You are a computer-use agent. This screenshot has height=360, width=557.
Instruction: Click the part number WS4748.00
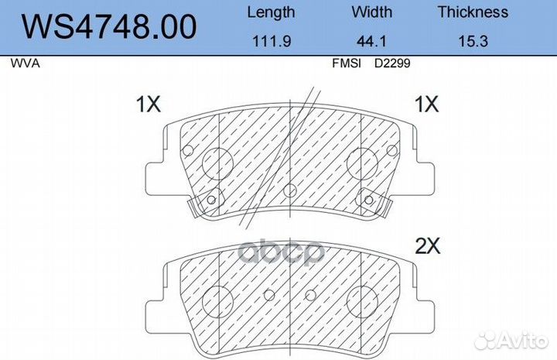[x=109, y=26]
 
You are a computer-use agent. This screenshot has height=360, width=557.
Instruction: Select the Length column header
[x=271, y=13]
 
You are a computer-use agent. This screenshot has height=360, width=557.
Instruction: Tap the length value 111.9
[x=272, y=41]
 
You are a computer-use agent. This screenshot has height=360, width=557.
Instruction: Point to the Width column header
[x=372, y=12]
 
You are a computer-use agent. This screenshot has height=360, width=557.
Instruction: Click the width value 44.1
[x=371, y=41]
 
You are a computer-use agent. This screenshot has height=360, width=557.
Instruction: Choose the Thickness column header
[x=473, y=12]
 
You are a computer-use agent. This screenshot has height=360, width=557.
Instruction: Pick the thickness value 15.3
[x=473, y=41]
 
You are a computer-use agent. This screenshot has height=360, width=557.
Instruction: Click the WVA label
[x=25, y=63]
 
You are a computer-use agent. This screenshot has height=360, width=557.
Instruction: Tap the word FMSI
[x=347, y=63]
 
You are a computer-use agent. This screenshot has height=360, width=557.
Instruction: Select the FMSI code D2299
[x=392, y=63]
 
